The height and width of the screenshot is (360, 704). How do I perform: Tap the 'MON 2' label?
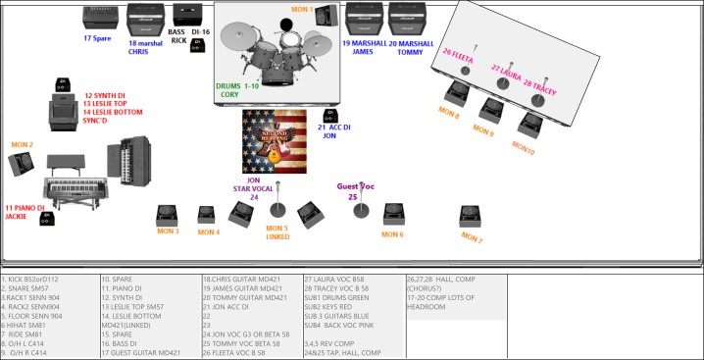(22, 145)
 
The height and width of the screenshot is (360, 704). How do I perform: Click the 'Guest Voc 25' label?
(355, 190)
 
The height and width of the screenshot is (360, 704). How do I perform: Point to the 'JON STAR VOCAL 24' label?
(253, 187)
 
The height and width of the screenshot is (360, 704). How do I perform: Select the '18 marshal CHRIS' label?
(145, 47)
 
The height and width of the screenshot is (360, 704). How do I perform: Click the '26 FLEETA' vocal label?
(458, 56)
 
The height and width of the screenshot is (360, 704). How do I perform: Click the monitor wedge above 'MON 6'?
(393, 213)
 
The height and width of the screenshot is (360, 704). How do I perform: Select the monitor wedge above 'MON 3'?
(168, 214)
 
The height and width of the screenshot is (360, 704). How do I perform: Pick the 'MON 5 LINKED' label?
(277, 232)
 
